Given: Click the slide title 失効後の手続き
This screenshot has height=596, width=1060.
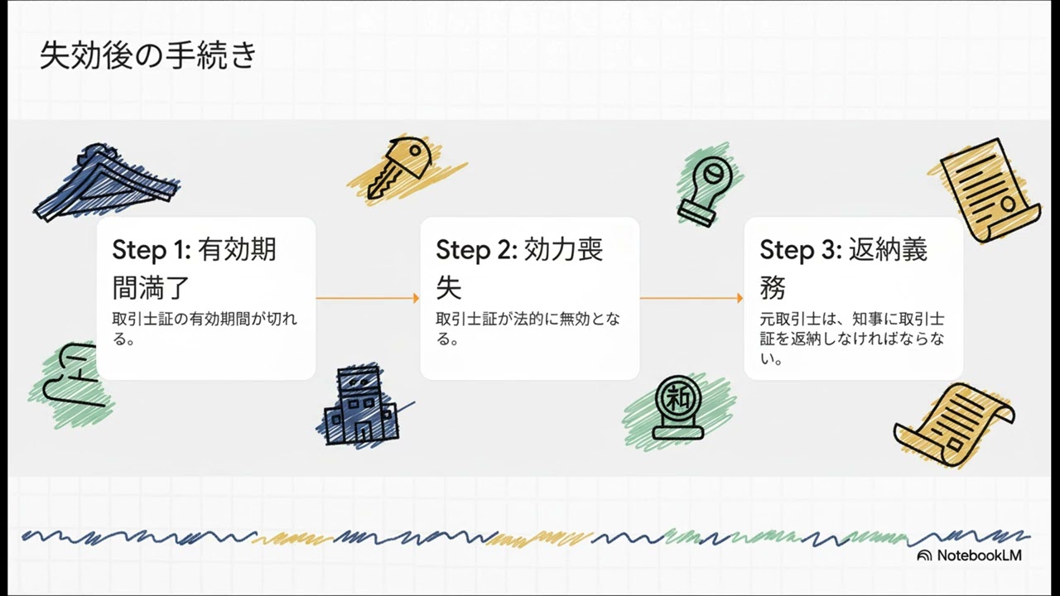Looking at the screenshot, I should (148, 56).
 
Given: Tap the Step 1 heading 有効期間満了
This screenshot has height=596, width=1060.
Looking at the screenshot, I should (194, 268).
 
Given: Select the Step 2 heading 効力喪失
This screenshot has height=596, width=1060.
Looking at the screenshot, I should (519, 268).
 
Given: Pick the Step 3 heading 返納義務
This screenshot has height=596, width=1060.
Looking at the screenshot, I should (843, 268).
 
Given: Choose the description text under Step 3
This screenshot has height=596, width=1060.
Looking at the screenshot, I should (852, 339).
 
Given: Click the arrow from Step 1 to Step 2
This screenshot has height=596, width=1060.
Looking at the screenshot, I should (368, 298).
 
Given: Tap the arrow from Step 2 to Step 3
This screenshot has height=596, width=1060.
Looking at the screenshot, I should (691, 298).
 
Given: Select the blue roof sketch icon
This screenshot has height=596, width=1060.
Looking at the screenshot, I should (106, 184).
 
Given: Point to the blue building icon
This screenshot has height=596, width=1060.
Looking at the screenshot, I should (358, 406).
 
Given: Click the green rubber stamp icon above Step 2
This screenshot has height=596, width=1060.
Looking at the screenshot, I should (706, 188).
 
